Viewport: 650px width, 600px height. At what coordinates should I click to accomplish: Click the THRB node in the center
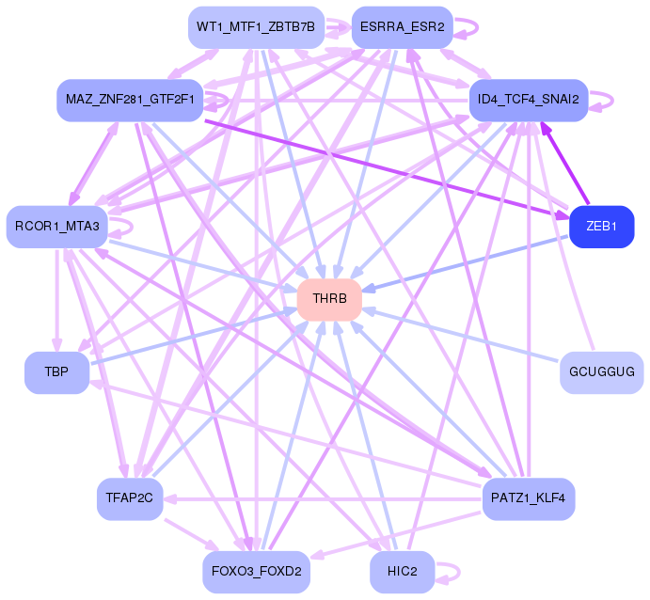coord(330,299)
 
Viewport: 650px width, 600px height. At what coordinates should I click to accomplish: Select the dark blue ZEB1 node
coord(601,227)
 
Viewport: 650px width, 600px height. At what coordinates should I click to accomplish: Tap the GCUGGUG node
coord(601,372)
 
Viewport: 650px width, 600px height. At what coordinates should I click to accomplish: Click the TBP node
coord(56,372)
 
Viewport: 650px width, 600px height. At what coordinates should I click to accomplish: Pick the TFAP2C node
coord(130,498)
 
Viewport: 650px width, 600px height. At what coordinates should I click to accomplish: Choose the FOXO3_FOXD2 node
coord(256,571)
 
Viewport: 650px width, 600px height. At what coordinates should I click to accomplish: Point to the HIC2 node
coord(402,571)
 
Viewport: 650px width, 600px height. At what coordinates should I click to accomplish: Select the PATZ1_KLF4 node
coord(528,498)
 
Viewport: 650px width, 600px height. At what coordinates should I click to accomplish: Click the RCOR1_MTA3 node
coord(57,227)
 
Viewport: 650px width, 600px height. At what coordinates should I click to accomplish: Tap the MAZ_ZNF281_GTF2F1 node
coord(130,99)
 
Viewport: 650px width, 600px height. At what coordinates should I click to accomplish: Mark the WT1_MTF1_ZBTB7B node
coord(256,25)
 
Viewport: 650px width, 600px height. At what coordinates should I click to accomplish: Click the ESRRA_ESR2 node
coord(402,25)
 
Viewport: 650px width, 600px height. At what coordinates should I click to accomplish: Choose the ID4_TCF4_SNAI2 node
coord(528,99)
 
